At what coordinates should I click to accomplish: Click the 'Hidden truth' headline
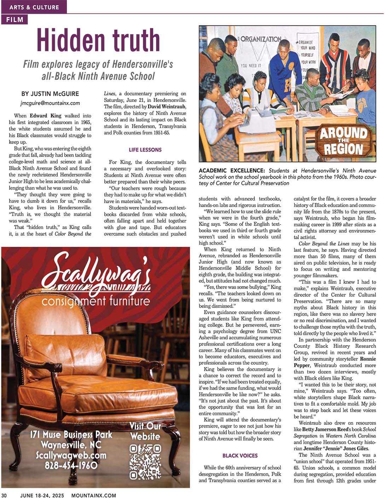pyautogui.click(x=98, y=40)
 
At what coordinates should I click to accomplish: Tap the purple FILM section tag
pyautogui.click(x=15, y=20)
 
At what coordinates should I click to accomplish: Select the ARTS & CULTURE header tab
pyautogui.click(x=34, y=7)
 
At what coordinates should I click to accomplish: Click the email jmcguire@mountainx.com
pyautogui.click(x=50, y=103)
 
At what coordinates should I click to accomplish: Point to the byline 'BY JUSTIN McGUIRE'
pyautogui.click(x=50, y=94)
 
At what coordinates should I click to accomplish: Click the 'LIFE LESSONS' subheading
pyautogui.click(x=145, y=150)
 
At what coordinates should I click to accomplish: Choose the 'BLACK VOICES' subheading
pyautogui.click(x=240, y=456)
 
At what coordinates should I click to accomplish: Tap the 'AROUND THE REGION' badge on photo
pyautogui.click(x=343, y=141)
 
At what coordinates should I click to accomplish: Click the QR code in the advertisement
pyautogui.click(x=145, y=461)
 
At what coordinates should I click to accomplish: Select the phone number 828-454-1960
pyautogui.click(x=71, y=465)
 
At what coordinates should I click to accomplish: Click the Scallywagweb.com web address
pyautogui.click(x=71, y=455)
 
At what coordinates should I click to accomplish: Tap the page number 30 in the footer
pyautogui.click(x=4, y=495)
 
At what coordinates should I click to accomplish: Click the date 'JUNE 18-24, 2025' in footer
pyautogui.click(x=42, y=495)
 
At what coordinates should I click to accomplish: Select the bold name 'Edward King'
pyautogui.click(x=45, y=116)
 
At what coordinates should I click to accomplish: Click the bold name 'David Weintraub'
pyautogui.click(x=167, y=106)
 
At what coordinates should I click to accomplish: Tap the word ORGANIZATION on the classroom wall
pyautogui.click(x=261, y=39)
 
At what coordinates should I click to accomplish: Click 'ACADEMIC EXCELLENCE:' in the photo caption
pyautogui.click(x=232, y=170)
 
